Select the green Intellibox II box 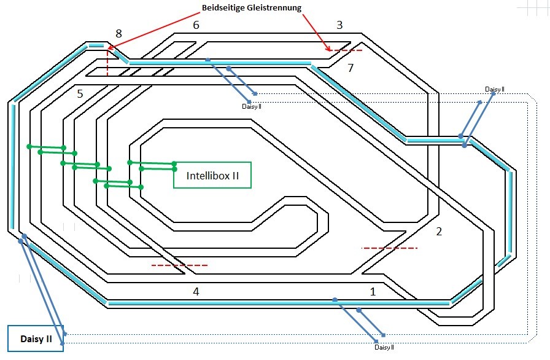pyautogui.click(x=212, y=175)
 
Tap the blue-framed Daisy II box pyautogui.click(x=36, y=338)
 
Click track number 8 pyautogui.click(x=118, y=33)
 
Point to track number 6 pyautogui.click(x=196, y=25)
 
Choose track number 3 pyautogui.click(x=339, y=25)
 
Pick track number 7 pyautogui.click(x=351, y=68)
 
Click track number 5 pyautogui.click(x=80, y=94)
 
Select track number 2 pyautogui.click(x=438, y=232)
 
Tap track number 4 pyautogui.click(x=196, y=292)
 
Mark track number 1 pyautogui.click(x=373, y=292)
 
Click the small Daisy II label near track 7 pyautogui.click(x=494, y=89)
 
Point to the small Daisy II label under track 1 pyautogui.click(x=384, y=348)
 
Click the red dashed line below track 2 pyautogui.click(x=390, y=248)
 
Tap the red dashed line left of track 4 pyautogui.click(x=179, y=265)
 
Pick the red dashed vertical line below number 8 pyautogui.click(x=107, y=63)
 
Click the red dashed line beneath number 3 pyautogui.click(x=344, y=50)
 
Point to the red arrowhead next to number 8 pyautogui.click(x=111, y=47)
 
